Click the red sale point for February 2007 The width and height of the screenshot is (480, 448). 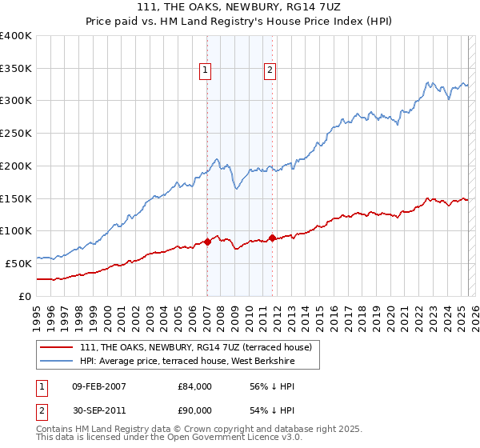click(207, 241)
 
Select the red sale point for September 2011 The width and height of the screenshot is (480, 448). click(273, 237)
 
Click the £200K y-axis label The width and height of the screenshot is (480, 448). click(17, 166)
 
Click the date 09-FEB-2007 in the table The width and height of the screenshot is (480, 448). click(98, 386)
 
